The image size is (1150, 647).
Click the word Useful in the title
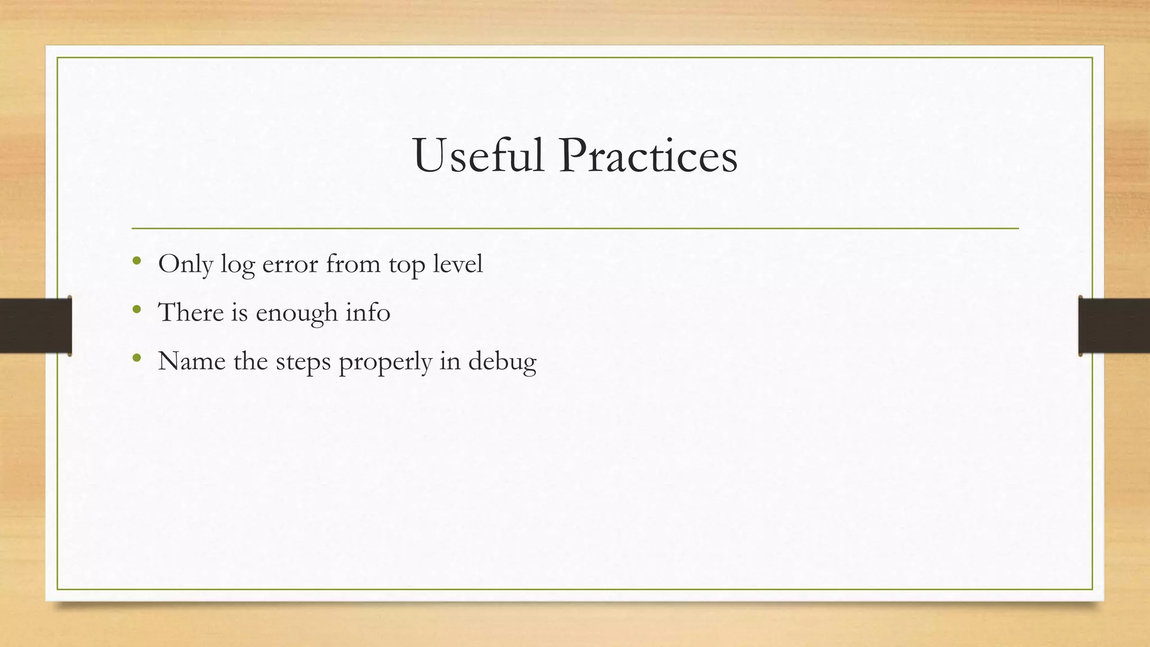(x=478, y=156)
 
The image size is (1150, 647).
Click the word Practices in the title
(x=647, y=156)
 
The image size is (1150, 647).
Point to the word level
(x=458, y=264)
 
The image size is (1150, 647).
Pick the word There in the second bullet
(x=191, y=312)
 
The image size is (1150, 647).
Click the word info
(x=368, y=312)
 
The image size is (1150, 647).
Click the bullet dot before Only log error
(x=136, y=261)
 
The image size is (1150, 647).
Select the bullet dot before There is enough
(x=136, y=309)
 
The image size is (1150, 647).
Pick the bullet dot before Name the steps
(x=136, y=358)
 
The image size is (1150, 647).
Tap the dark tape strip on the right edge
(x=1114, y=326)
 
